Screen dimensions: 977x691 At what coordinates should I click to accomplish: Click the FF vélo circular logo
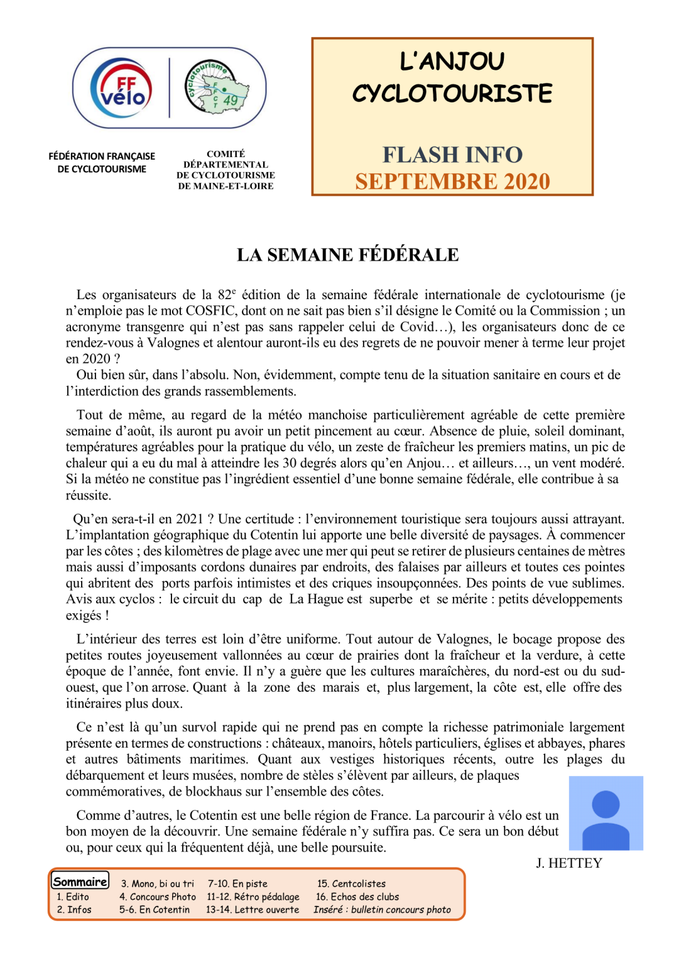(121, 89)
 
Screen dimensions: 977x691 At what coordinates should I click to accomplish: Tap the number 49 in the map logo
(231, 100)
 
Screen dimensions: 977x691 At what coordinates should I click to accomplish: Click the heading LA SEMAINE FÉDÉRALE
(347, 254)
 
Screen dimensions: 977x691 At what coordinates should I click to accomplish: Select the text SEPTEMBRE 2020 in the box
(452, 182)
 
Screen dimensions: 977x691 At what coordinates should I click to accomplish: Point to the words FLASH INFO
(452, 155)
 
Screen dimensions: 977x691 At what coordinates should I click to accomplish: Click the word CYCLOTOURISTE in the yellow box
(452, 94)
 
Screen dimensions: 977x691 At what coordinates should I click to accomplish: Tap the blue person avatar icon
(606, 813)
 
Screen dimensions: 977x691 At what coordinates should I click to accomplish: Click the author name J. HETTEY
(569, 863)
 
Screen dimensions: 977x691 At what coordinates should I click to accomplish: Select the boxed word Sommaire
(80, 881)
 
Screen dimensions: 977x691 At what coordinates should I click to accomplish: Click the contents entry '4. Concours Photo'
(158, 897)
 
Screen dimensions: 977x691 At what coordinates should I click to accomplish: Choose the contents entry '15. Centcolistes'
(351, 883)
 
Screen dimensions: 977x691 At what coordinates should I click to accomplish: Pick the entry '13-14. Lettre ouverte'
(253, 910)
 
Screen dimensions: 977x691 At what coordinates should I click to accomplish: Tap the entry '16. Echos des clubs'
(357, 897)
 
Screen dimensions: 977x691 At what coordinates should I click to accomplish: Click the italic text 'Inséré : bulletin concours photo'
(382, 910)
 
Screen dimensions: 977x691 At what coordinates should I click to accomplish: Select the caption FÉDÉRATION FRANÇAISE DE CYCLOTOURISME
(102, 162)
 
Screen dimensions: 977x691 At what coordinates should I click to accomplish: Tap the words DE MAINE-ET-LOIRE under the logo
(226, 186)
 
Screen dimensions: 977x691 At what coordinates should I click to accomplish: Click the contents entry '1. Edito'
(73, 897)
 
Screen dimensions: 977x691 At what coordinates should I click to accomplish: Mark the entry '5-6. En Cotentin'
(155, 910)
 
